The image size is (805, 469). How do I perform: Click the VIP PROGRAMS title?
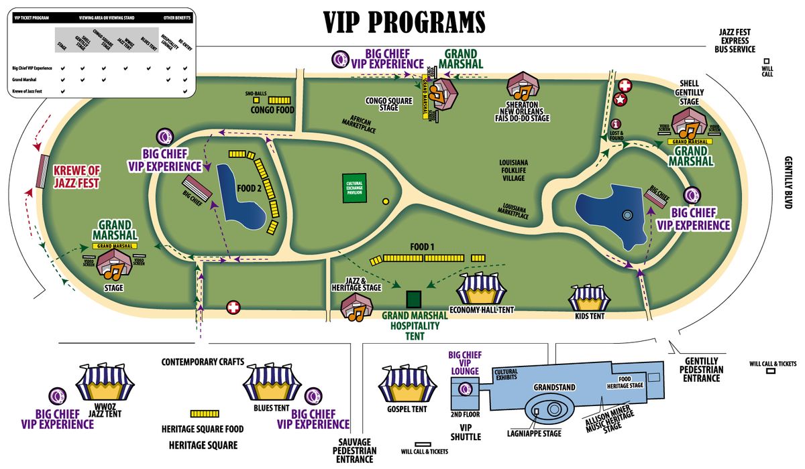point(405,22)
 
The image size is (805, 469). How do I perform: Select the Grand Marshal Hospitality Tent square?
point(414,298)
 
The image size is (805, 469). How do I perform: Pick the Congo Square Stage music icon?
point(443,94)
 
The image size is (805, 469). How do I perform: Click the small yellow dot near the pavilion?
point(385,200)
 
